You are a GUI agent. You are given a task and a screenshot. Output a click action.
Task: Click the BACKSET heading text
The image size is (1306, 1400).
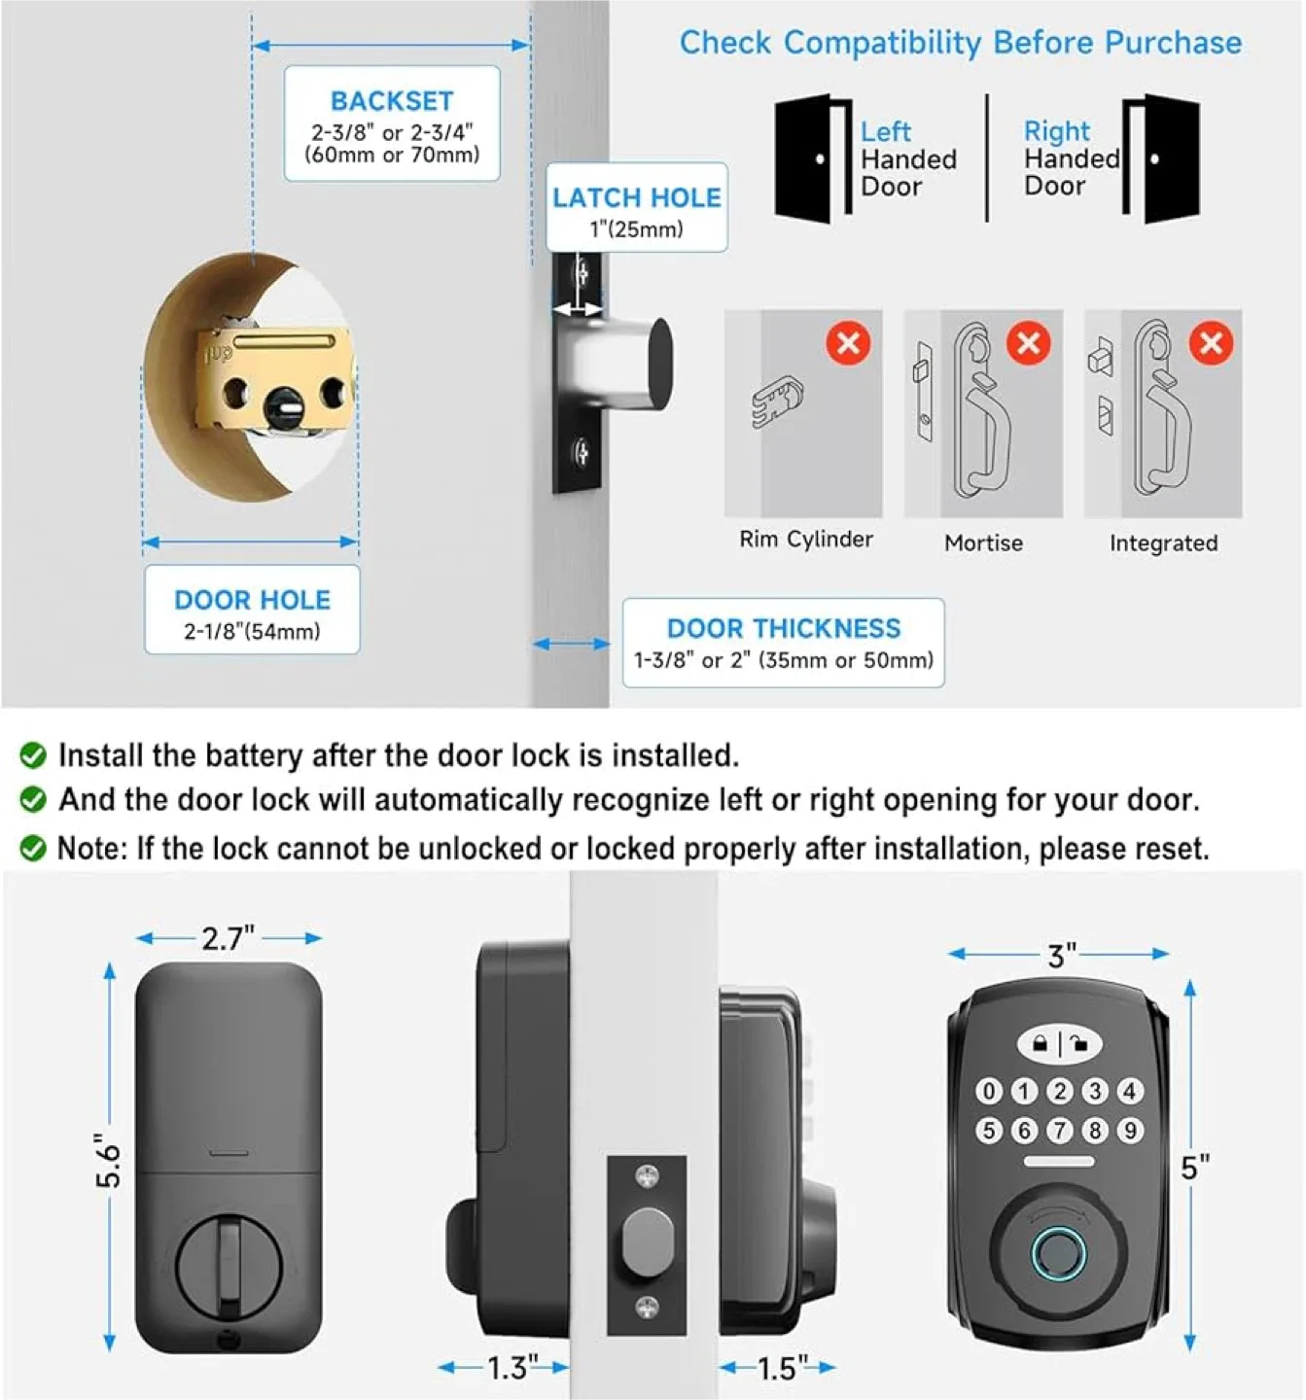(x=392, y=101)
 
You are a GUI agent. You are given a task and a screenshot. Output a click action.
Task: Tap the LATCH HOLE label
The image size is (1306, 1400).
(x=637, y=197)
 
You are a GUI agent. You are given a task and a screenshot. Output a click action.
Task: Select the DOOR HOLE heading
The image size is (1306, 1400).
(x=252, y=600)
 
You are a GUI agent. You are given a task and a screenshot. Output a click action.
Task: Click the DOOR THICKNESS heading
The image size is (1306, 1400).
(x=784, y=628)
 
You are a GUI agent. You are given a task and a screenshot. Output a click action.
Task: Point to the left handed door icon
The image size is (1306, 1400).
(x=811, y=158)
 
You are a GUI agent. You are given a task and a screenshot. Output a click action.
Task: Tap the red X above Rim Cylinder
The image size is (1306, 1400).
(x=848, y=343)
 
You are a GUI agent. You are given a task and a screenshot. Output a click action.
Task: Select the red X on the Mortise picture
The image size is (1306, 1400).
(x=1028, y=343)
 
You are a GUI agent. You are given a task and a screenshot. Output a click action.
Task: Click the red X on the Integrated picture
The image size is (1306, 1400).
(x=1211, y=343)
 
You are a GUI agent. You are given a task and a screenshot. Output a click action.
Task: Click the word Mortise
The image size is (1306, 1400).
(x=983, y=542)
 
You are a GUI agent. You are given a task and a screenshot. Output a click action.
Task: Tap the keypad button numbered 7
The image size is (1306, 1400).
(x=1059, y=1131)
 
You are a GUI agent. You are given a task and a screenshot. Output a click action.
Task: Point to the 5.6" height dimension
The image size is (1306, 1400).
(x=108, y=1160)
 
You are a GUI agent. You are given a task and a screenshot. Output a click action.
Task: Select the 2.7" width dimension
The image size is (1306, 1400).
(x=229, y=938)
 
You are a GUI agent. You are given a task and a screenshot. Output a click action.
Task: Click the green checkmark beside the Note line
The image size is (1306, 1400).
(x=33, y=849)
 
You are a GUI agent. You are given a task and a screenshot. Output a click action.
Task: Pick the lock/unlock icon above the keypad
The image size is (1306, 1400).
(x=1059, y=1045)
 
